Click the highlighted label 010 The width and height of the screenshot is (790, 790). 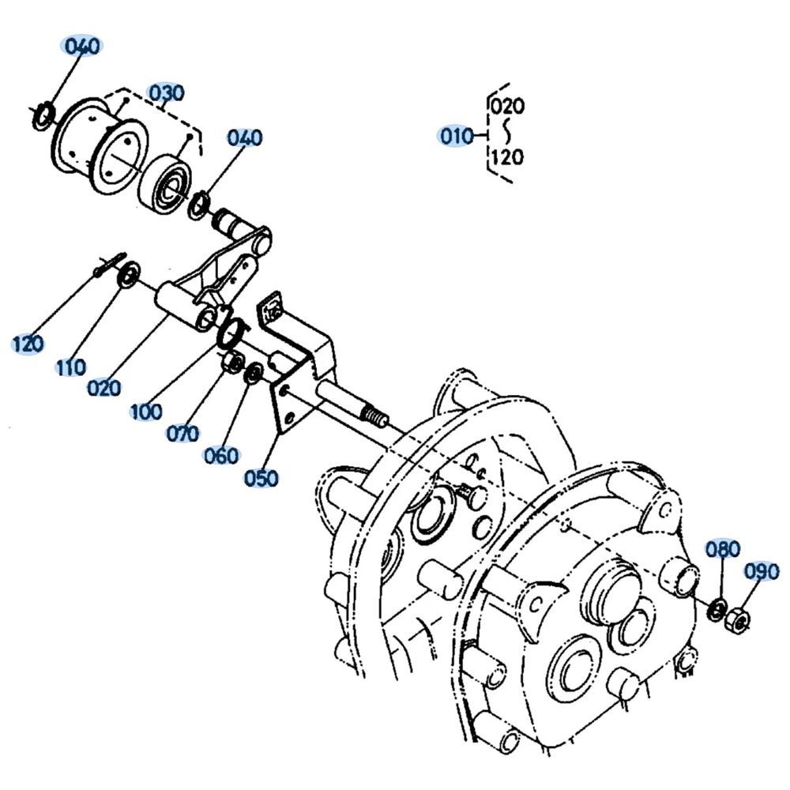(x=457, y=136)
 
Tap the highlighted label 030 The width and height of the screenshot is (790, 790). (x=166, y=93)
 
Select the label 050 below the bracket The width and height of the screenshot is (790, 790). (x=261, y=478)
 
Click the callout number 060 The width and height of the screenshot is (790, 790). (x=221, y=456)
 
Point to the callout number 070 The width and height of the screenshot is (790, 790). (x=183, y=433)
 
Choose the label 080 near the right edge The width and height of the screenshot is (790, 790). (x=723, y=549)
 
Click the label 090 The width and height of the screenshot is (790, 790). (x=762, y=572)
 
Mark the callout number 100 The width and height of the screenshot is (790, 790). (x=146, y=412)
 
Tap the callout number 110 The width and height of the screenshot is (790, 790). (x=70, y=367)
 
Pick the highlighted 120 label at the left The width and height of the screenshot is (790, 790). (x=28, y=344)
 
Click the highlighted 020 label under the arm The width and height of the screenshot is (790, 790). (x=103, y=388)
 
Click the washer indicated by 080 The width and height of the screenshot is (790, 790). (x=717, y=610)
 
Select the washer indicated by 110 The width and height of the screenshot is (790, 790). (x=129, y=274)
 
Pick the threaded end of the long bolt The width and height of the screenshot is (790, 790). (x=374, y=416)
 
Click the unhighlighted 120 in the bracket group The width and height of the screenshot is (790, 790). (x=507, y=157)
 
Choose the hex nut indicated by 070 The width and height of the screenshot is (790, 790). (x=233, y=360)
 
